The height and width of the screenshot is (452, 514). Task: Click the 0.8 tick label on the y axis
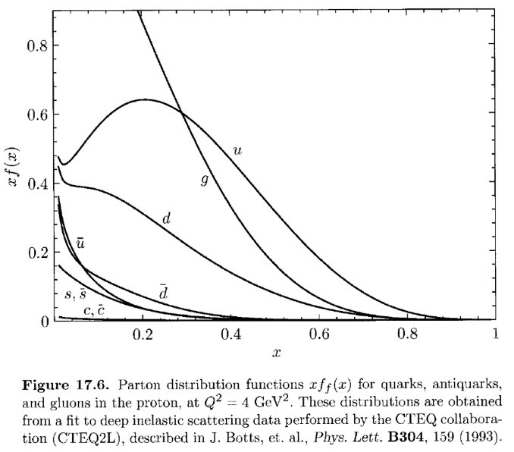click(37, 46)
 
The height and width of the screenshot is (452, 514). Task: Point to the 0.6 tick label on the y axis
click(37, 115)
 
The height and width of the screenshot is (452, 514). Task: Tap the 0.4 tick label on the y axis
click(37, 184)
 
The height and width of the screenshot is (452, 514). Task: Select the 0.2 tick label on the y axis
click(37, 253)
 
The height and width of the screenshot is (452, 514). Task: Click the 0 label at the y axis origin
click(45, 322)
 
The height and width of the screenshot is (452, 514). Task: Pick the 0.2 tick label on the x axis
click(143, 334)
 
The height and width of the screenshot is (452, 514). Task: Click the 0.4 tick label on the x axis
click(231, 334)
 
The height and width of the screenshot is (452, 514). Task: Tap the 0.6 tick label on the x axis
click(319, 334)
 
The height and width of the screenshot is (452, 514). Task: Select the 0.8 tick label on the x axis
click(407, 334)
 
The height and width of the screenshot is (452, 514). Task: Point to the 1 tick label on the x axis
click(495, 334)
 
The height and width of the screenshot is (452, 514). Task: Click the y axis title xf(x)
click(13, 167)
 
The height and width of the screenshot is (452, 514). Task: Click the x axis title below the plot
click(277, 353)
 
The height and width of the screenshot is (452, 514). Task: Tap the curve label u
click(237, 151)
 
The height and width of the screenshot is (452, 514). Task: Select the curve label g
click(205, 180)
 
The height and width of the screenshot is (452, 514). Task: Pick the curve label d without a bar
click(167, 218)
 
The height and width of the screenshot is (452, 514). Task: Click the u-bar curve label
click(80, 243)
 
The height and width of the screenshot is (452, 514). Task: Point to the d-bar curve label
click(163, 292)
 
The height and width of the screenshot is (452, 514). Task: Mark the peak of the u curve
click(144, 99)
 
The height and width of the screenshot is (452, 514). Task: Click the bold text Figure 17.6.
click(65, 385)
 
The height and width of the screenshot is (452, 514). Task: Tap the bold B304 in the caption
click(406, 438)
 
